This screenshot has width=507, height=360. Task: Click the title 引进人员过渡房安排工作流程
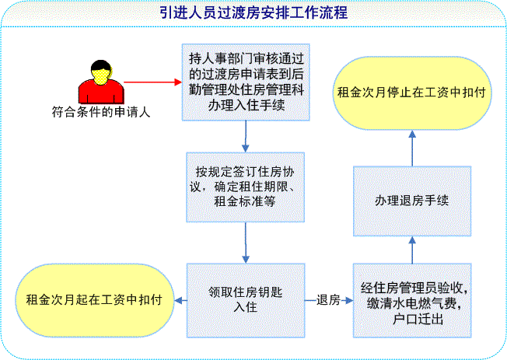pos(253,13)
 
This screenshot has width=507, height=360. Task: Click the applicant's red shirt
pos(101,93)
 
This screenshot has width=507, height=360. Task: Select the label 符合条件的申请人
pos(101,112)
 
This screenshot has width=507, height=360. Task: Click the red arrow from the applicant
pos(152,82)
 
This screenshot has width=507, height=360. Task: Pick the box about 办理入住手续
pos(246,82)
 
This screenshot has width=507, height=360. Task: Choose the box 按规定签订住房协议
pos(246,187)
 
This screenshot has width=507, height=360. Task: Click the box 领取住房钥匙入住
pos(246,300)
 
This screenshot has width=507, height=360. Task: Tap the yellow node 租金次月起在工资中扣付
pos(94,300)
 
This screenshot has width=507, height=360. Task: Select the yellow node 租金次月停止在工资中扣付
pos(412,93)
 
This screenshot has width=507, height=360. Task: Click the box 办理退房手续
pos(412,201)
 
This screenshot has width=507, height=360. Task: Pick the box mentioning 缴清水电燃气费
pos(412,300)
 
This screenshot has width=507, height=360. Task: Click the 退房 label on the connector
pos(328,300)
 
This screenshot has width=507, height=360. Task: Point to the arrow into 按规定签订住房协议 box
pos(246,137)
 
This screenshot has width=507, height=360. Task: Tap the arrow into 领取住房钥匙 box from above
pos(246,243)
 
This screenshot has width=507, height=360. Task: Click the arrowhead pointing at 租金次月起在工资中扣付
pos(179,300)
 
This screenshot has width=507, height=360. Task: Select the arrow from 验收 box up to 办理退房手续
pos(412,250)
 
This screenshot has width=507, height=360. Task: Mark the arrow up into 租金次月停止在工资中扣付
pos(412,149)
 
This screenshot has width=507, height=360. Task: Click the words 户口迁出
pos(418,320)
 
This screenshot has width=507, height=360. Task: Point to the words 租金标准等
pos(245,201)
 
